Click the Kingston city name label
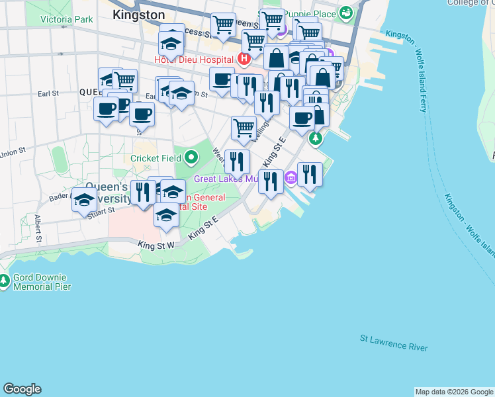coord(138,14)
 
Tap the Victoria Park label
coord(66,19)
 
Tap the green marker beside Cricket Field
coord(191,157)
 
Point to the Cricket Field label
coord(156,158)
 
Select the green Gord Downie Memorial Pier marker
coord(4,281)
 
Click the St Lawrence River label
coord(394,343)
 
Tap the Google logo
coord(22,389)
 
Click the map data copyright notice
coord(454,392)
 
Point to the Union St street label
coord(13,153)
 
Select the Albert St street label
coord(38,228)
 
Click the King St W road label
coord(156,244)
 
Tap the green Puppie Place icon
coord(346,13)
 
